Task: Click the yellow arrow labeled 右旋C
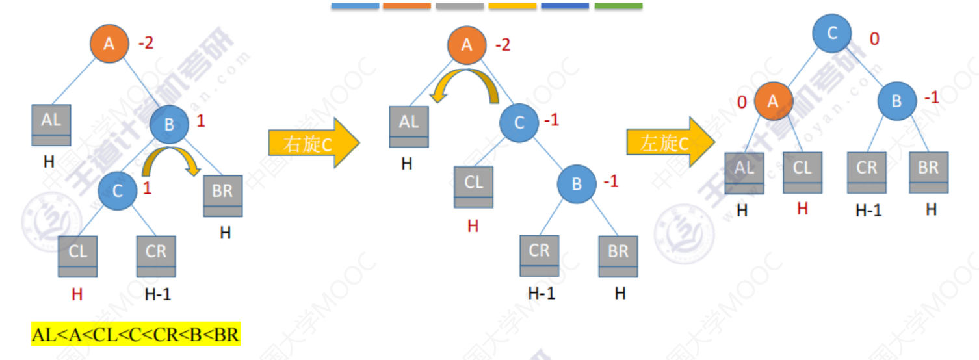pyautogui.click(x=313, y=143)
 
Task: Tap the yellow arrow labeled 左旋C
pyautogui.click(x=670, y=142)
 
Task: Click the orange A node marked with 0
pyautogui.click(x=773, y=102)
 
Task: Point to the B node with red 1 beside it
pyautogui.click(x=169, y=125)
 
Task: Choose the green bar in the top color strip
pyautogui.click(x=618, y=6)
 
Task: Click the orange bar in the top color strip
pyautogui.click(x=407, y=6)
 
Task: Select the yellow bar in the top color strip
pyautogui.click(x=512, y=6)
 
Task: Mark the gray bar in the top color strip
pyautogui.click(x=460, y=6)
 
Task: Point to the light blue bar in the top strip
pyautogui.click(x=355, y=6)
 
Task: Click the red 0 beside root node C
pyautogui.click(x=874, y=39)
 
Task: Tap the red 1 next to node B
pyautogui.click(x=201, y=121)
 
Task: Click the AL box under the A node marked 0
pyautogui.click(x=744, y=172)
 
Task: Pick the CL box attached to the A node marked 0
pyautogui.click(x=802, y=172)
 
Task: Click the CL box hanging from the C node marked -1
pyautogui.click(x=473, y=187)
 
